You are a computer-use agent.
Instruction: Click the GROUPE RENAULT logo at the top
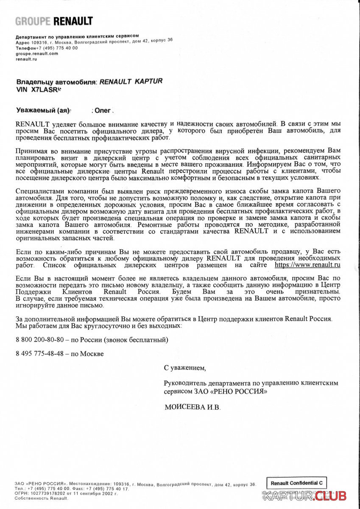54,21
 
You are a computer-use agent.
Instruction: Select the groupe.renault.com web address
37,53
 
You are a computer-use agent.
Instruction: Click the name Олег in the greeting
103,111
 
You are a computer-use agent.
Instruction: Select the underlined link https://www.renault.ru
308,265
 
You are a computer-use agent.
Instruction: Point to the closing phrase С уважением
184,367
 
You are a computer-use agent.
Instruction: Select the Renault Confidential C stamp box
297,483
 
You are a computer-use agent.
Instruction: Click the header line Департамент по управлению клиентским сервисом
77,36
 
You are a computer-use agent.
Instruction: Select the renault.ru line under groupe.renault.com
27,59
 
